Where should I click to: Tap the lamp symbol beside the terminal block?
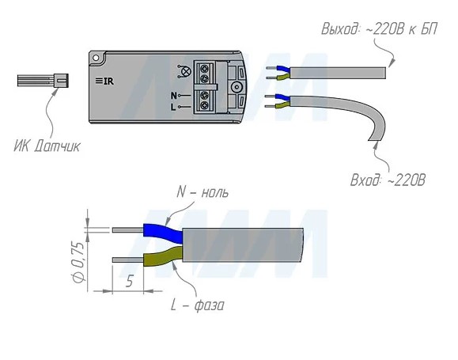coord(182,71)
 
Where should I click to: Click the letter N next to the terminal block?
coord(173,96)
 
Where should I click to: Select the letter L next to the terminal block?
coord(173,108)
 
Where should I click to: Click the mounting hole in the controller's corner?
coord(96,58)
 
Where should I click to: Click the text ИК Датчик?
coord(47,146)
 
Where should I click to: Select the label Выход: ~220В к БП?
coord(380,29)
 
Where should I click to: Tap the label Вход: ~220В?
coord(388,180)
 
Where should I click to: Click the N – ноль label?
coord(203,193)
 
